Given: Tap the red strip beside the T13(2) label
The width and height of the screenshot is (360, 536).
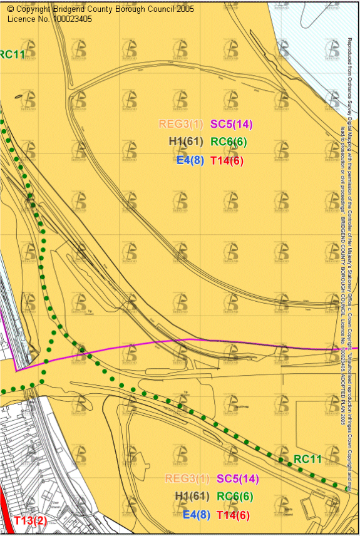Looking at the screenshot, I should pos(5,513).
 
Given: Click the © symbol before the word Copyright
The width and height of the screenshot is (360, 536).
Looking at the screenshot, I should pos(10,9).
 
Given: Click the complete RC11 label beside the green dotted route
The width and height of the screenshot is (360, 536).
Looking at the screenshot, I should pos(307,459).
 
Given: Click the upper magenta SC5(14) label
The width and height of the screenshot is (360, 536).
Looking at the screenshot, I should pos(230,124).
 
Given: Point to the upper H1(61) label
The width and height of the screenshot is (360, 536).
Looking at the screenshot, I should pos(186,142).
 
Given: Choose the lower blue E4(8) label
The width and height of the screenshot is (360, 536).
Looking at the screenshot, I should pos(195,515).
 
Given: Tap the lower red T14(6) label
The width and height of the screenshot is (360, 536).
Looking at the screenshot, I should pos(233,515).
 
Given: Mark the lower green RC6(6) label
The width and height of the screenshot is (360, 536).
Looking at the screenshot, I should pos(235,497).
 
